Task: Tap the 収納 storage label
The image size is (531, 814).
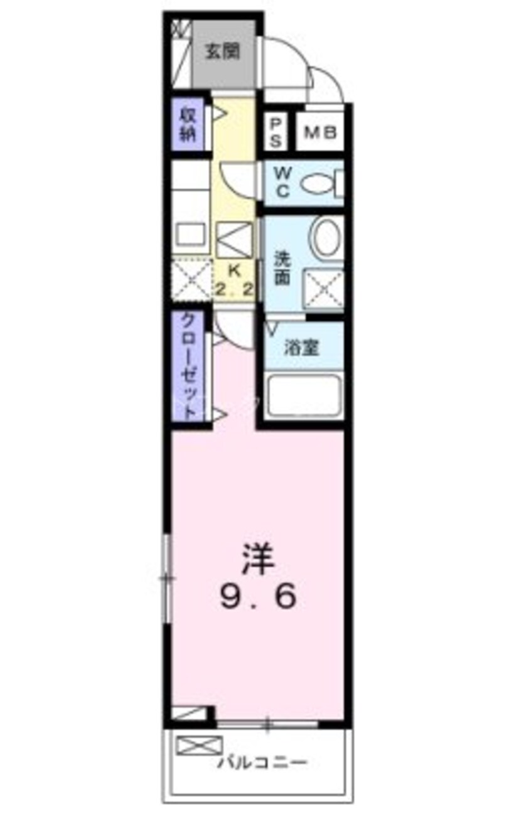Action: pos(188,126)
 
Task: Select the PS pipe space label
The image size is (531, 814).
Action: pos(275,133)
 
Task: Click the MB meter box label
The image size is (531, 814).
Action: pos(320,132)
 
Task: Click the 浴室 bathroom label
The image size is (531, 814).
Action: pos(301,348)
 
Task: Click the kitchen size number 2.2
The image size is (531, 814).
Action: pos(234,289)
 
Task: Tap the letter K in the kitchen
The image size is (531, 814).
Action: pos(234,270)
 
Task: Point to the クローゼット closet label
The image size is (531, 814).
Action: pos(190,367)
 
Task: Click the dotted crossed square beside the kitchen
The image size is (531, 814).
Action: pos(192,279)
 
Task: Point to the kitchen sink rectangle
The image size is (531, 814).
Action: pos(190,235)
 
